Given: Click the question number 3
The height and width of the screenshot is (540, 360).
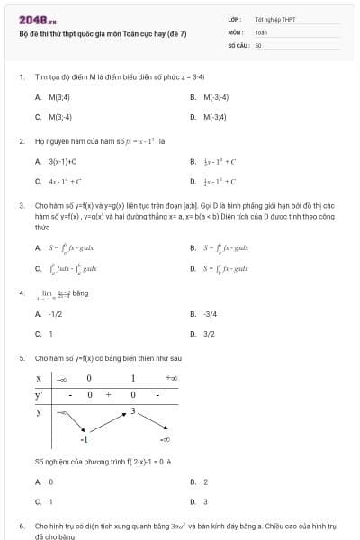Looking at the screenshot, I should coord(21,206).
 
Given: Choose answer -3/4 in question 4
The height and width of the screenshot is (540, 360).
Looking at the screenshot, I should coord(210,314).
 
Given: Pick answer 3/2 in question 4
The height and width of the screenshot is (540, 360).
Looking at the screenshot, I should coord(209,334).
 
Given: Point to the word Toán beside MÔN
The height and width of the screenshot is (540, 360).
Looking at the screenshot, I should coord(261,31).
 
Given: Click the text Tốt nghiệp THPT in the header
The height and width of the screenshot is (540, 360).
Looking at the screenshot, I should coord(274,18).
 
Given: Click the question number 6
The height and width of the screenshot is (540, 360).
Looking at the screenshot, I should coord(21,525).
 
